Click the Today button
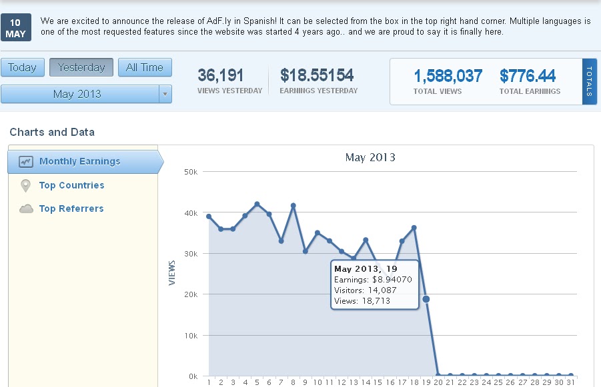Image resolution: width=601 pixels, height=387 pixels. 23,67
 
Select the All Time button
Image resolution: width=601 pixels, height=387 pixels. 145,67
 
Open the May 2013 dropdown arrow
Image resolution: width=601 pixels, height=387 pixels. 165,94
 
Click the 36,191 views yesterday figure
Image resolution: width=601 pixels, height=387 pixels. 221,75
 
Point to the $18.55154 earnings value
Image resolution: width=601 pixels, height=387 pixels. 317,75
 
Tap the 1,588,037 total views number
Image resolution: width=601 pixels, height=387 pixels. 448,76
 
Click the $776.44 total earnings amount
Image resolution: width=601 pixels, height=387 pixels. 528,76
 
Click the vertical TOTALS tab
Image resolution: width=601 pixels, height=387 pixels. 590,82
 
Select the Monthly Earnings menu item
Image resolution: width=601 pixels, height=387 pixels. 79,161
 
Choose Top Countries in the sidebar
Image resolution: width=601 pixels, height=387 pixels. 71,185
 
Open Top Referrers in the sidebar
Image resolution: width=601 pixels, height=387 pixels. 71,208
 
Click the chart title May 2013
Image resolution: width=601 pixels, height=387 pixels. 370,158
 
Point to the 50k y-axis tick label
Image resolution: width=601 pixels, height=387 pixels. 190,172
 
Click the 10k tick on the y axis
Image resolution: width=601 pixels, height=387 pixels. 190,335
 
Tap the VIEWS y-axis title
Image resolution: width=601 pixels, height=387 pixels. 172,272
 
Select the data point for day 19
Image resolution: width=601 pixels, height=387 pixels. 426,299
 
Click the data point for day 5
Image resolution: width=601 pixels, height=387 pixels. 257,204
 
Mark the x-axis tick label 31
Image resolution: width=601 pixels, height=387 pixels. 570,382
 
